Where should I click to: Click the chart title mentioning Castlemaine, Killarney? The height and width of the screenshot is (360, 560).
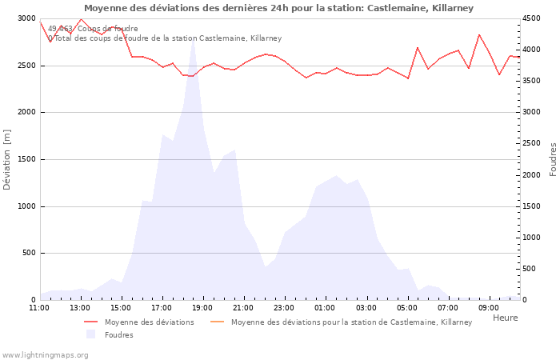[278, 8]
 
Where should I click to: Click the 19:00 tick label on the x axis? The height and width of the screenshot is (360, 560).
[203, 307]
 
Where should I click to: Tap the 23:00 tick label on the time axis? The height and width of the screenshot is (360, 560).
[285, 307]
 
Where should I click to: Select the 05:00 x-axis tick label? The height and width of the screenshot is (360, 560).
[407, 307]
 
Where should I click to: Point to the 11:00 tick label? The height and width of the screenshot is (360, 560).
[39, 307]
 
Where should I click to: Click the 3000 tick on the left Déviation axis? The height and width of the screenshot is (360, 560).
[26, 18]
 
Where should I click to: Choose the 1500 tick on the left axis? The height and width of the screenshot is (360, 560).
[26, 159]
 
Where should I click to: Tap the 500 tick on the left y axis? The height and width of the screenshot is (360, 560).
[29, 254]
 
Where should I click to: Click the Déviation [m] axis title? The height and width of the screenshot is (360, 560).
[8, 159]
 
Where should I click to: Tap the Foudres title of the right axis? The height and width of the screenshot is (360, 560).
[553, 159]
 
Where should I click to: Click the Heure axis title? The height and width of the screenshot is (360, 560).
[505, 318]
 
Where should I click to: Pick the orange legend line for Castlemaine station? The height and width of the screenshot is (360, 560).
[217, 322]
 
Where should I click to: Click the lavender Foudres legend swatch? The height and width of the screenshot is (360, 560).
[90, 335]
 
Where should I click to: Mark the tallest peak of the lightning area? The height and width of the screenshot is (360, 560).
[193, 40]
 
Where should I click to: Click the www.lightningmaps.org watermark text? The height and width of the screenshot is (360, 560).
[46, 354]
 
